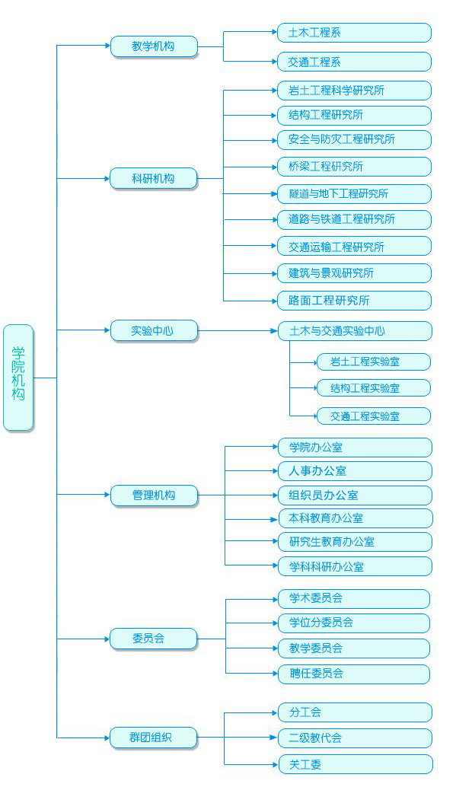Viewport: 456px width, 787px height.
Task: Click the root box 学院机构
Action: [18, 378]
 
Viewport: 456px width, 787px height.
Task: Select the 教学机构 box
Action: [154, 46]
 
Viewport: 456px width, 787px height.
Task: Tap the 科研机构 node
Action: [154, 178]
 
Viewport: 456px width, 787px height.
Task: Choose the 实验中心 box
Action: [154, 331]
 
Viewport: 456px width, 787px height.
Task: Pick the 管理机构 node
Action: [154, 495]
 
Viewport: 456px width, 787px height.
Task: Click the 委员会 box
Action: [154, 639]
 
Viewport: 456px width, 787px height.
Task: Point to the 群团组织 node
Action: [154, 738]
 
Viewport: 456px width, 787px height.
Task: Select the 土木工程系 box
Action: [354, 33]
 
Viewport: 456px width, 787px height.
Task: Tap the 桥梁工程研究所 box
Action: [354, 167]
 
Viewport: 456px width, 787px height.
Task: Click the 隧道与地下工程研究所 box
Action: [354, 194]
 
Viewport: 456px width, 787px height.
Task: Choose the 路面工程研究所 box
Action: [354, 301]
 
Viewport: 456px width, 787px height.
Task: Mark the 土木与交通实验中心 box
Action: [355, 331]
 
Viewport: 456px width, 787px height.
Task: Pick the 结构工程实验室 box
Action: [374, 388]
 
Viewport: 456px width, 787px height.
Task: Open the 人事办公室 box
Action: [355, 471]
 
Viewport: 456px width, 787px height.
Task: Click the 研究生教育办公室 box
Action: [355, 542]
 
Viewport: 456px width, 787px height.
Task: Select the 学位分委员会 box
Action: [354, 623]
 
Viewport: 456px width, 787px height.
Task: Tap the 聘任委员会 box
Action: [354, 674]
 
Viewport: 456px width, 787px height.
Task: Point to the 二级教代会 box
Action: [355, 738]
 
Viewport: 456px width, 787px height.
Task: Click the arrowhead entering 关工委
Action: [276, 764]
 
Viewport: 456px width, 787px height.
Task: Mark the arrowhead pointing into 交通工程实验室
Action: [314, 416]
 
